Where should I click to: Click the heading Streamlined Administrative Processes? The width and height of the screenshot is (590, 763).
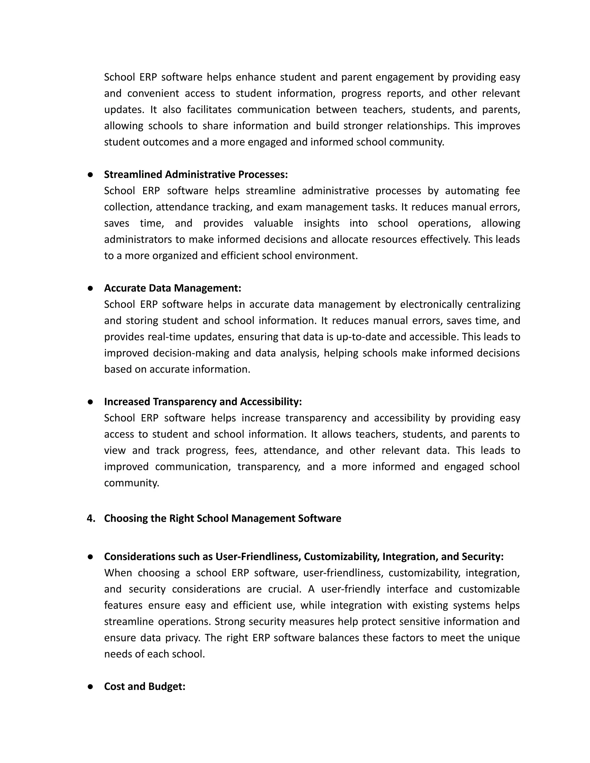196,174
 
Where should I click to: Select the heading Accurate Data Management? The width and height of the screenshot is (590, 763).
173,288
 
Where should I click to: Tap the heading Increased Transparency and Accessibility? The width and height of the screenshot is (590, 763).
203,401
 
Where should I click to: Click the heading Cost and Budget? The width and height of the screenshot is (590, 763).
145,686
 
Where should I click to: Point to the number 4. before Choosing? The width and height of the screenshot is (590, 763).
91,518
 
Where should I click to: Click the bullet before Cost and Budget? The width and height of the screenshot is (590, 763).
90,686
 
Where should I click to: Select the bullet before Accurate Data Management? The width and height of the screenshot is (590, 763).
90,288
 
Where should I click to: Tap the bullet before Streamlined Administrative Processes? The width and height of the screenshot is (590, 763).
90,175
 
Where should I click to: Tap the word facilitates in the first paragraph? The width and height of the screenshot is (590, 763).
209,109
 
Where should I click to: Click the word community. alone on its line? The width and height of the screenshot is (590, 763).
131,483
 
